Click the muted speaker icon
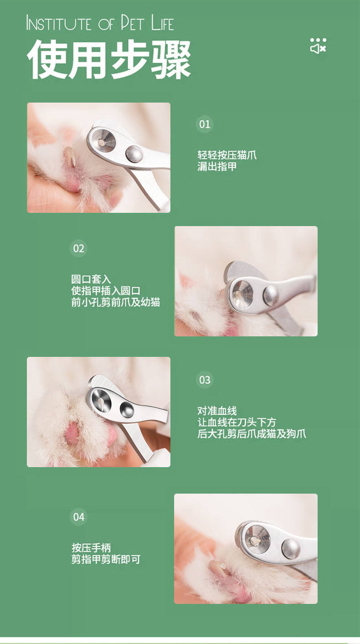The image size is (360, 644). tap(318, 46)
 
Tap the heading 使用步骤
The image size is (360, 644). tap(109, 60)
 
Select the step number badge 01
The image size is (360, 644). tap(205, 124)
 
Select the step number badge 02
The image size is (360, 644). tap(79, 248)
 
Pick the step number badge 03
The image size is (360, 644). tap(205, 380)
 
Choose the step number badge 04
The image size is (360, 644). tap(79, 516)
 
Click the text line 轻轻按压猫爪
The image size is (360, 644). tap(227, 155)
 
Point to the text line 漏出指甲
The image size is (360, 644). tap(217, 167)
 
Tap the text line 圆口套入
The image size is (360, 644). tap(91, 279)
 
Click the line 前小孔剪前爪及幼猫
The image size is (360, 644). tap(115, 302)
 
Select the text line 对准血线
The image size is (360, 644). tap(217, 411)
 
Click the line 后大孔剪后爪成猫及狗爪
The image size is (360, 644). tap(252, 433)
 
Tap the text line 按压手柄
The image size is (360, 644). tap(91, 547)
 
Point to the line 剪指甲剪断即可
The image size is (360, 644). tap(106, 559)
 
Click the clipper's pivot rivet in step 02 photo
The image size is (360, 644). tap(271, 296)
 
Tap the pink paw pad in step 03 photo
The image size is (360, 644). tap(72, 432)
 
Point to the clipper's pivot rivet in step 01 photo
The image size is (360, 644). tap(134, 154)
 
